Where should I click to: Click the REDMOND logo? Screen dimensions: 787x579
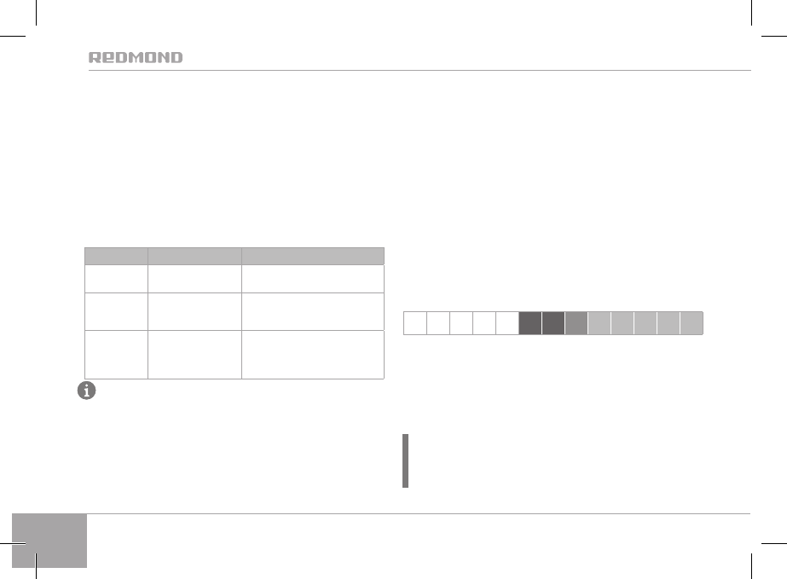tap(136, 57)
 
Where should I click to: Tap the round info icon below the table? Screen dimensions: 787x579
tap(86, 391)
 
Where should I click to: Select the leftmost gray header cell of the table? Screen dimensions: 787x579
tap(116, 256)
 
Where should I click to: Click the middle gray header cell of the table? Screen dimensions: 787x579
tap(194, 256)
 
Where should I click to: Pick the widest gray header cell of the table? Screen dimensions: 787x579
tap(313, 256)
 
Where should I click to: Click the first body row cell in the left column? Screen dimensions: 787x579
tap(116, 279)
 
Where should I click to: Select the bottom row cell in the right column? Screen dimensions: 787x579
tap(313, 355)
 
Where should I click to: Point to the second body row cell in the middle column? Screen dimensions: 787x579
tap(194, 311)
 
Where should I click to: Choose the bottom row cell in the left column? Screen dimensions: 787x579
tap(116, 355)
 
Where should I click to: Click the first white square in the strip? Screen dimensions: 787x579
tap(415, 323)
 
